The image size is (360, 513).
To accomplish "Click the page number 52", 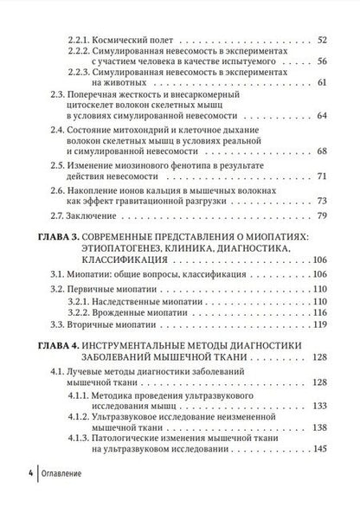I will point(322,40).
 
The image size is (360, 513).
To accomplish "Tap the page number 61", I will point(322,83).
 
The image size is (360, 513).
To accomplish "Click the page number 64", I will point(322,116).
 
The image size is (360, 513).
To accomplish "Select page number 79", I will point(322,215).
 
